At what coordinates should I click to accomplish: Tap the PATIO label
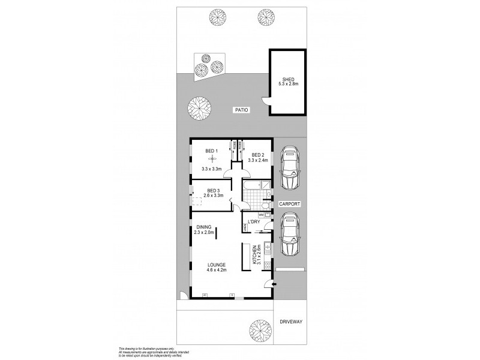pos(241,110)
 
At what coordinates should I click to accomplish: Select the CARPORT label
pos(289,205)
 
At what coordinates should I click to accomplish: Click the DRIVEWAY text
pos(291,322)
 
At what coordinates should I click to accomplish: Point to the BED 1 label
pos(211,151)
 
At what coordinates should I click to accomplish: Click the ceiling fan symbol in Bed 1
pos(211,159)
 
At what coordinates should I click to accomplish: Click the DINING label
pos(204,227)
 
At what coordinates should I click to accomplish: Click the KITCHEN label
pos(255,255)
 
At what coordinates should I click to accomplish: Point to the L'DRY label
pos(254,222)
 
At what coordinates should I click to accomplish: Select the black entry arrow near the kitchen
pos(274,284)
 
